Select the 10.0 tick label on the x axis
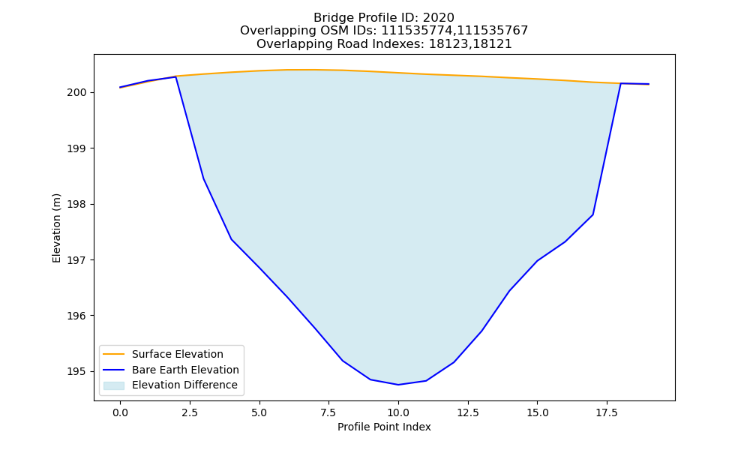click(398, 412)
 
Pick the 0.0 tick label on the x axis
click(120, 412)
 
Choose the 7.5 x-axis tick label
click(328, 412)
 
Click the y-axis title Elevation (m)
click(56, 228)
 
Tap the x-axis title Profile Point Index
click(384, 427)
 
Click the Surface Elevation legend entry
click(178, 354)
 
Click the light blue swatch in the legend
click(114, 385)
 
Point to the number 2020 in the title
click(438, 18)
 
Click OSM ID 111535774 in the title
click(417, 31)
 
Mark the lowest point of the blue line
click(398, 385)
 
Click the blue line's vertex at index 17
click(593, 214)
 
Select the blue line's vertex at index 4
click(232, 239)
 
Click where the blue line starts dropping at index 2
click(176, 76)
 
